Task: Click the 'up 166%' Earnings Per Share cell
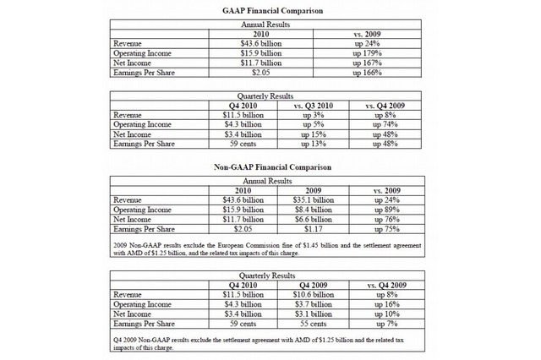[368, 74]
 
